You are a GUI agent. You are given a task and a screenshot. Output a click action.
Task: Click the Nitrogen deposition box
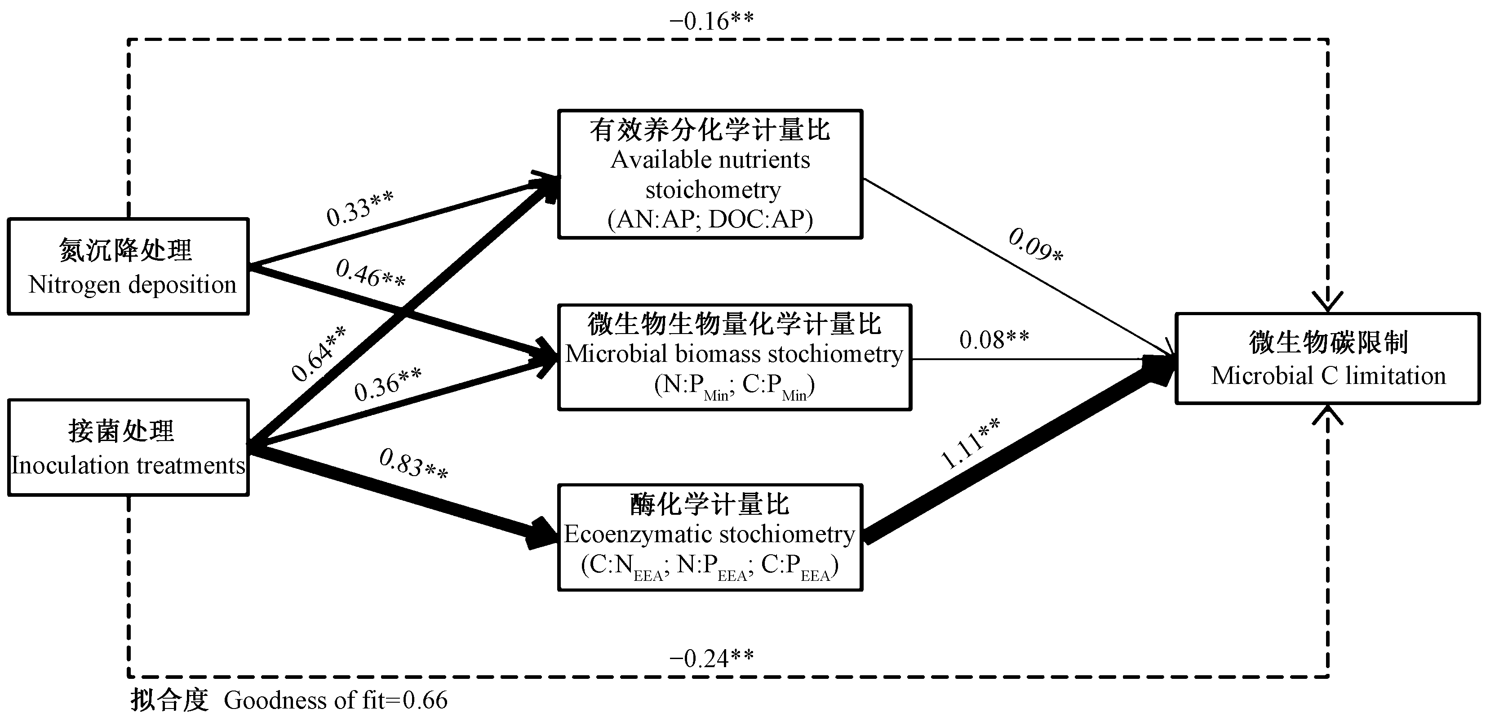(128, 267)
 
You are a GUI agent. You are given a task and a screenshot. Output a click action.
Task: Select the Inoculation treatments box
(128, 447)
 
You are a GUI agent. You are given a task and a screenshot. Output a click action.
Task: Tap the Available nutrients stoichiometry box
(710, 174)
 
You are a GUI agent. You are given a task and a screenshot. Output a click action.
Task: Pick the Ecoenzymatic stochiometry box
(710, 537)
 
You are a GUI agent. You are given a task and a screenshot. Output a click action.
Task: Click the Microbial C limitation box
(1328, 358)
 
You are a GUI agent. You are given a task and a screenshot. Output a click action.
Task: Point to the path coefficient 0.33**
(359, 208)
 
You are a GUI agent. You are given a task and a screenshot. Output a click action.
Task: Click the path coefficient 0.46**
(370, 274)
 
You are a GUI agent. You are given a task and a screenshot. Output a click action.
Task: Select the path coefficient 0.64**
(318, 353)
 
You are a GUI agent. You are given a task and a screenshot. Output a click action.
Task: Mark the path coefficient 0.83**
(413, 464)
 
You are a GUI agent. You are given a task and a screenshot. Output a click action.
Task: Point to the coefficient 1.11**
(970, 443)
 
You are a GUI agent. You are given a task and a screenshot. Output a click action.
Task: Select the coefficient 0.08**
(994, 339)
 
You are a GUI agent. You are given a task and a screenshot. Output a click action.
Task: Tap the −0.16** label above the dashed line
(711, 21)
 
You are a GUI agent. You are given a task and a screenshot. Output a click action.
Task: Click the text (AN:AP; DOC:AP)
(710, 219)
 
